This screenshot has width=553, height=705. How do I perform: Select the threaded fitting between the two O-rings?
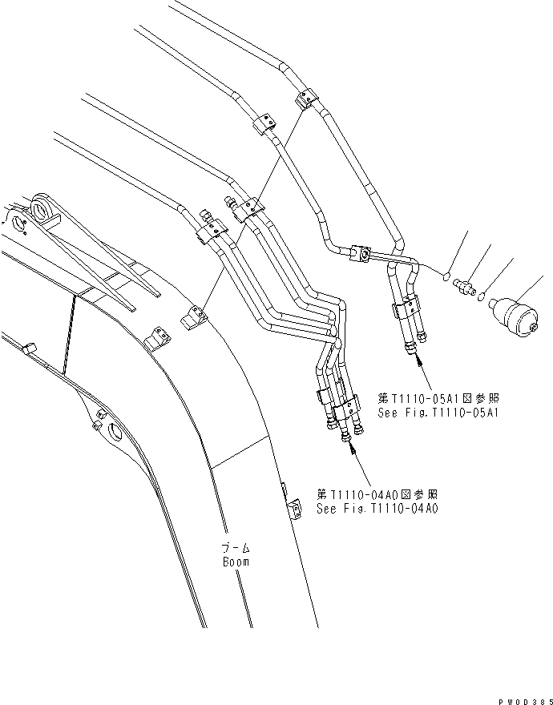point(466,286)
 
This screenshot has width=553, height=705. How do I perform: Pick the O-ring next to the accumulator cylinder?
point(482,298)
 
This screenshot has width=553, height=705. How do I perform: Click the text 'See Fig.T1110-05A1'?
point(438,413)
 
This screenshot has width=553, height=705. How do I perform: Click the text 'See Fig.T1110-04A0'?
point(377,508)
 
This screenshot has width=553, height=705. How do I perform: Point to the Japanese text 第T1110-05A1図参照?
point(438,398)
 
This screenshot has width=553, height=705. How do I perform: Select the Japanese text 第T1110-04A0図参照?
point(377,494)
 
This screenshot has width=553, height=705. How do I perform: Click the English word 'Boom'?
point(236,562)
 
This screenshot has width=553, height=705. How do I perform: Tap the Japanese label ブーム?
point(236,549)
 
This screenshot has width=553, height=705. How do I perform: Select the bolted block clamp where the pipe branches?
point(361,255)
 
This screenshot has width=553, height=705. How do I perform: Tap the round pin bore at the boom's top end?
point(41,212)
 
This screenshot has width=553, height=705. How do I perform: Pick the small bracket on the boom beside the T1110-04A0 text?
point(292,510)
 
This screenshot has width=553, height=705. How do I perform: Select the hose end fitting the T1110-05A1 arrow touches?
point(411,345)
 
